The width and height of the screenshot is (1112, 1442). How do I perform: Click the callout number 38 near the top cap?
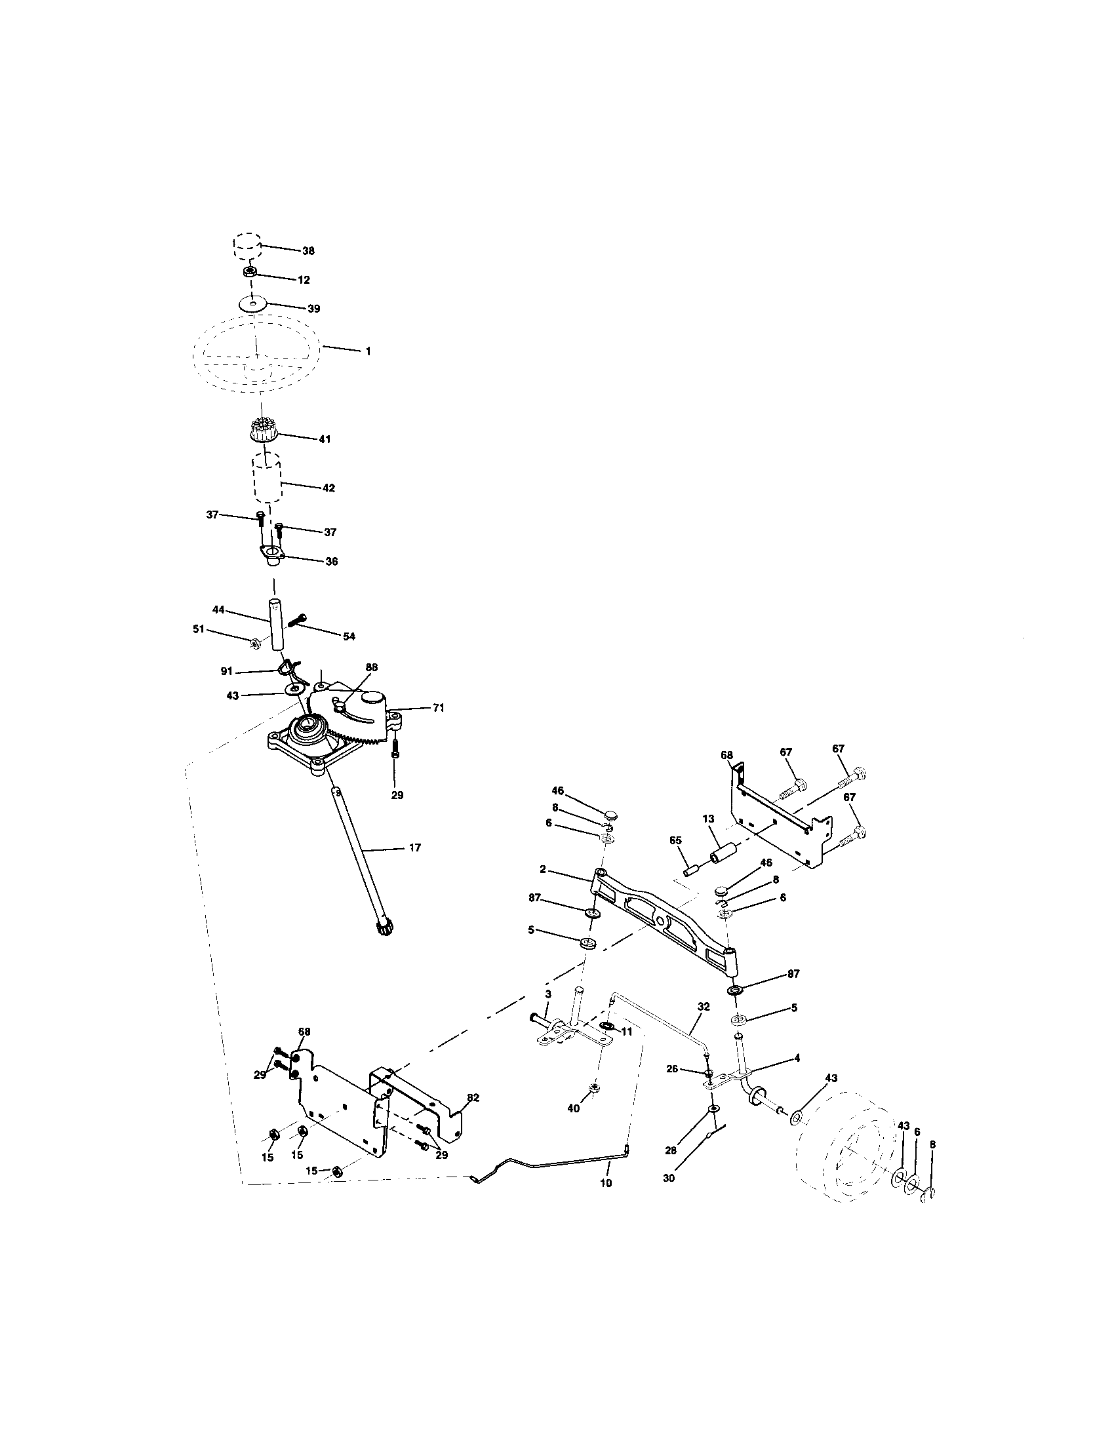click(308, 251)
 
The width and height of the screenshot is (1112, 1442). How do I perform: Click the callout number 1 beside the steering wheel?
click(368, 351)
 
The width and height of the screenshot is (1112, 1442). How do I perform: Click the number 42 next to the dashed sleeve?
click(329, 488)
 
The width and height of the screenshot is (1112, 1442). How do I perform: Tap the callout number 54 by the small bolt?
click(349, 636)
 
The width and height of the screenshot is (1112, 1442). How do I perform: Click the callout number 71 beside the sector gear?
click(439, 708)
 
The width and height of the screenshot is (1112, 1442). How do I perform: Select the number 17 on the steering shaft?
click(414, 847)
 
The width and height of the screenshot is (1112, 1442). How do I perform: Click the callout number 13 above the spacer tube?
click(709, 819)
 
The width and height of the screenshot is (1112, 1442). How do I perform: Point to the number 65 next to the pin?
click(675, 840)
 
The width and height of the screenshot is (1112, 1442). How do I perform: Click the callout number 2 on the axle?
click(543, 870)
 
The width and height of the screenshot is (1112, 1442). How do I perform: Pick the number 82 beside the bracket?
click(473, 1097)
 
